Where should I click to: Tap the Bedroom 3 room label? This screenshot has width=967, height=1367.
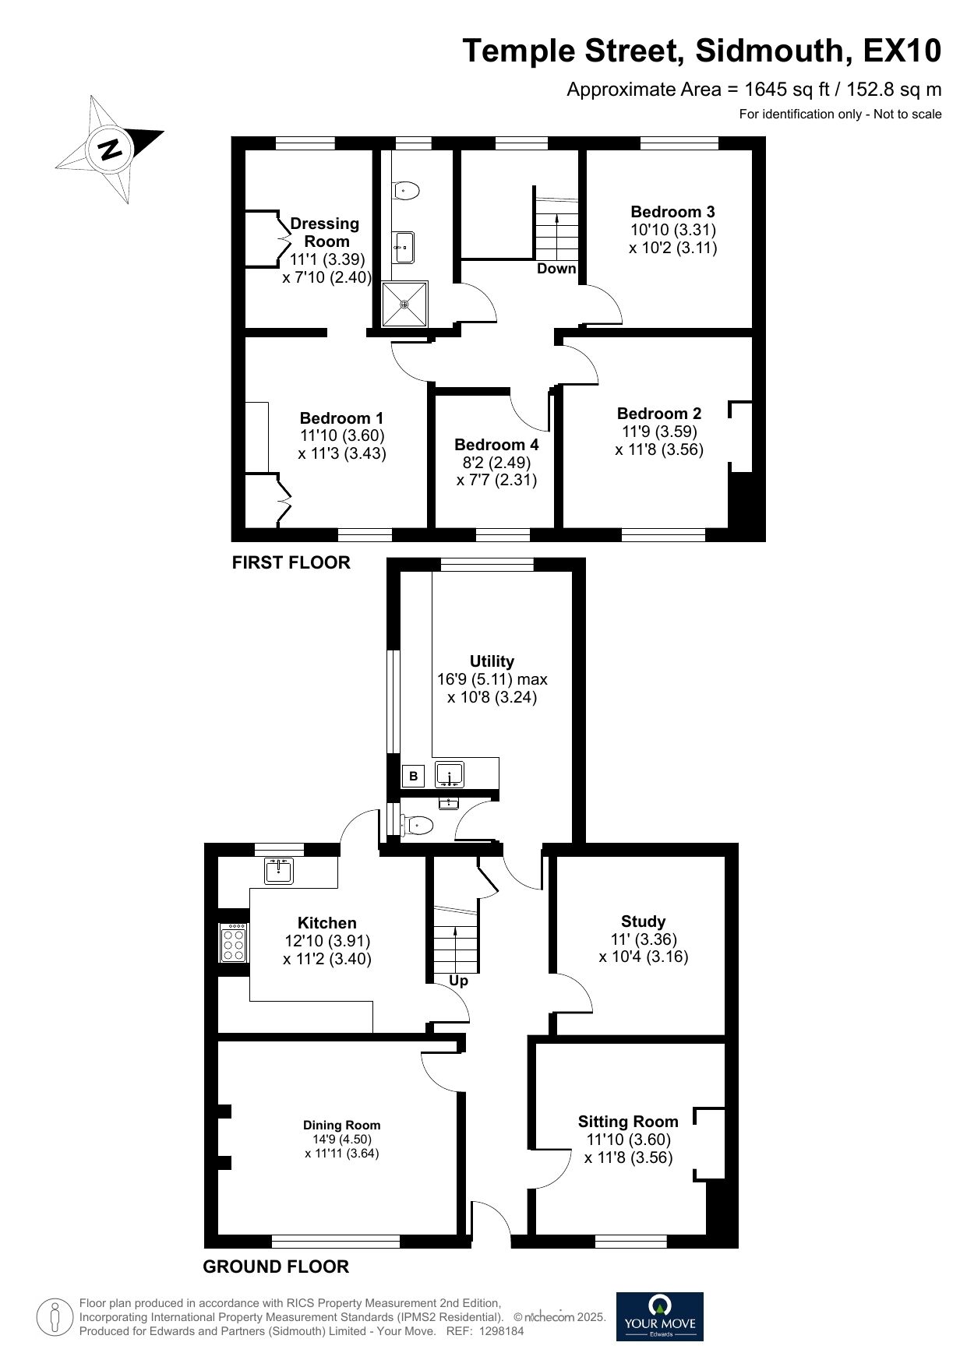pos(672,212)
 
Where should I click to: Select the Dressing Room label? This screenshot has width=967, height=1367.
pos(325,232)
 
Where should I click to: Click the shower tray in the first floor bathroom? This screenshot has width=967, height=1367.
pos(404,304)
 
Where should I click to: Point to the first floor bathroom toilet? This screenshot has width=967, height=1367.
pos(407,190)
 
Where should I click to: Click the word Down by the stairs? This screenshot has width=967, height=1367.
pos(556,269)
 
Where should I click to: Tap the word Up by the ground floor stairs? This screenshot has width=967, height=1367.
pos(459,981)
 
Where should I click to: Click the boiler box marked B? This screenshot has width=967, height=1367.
pos(414,776)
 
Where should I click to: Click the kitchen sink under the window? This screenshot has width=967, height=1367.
pos(278,871)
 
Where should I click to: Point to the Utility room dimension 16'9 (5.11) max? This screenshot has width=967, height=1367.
pos(492,679)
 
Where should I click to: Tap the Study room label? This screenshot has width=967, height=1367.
pos(643,921)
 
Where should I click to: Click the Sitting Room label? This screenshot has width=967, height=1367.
pos(628,1122)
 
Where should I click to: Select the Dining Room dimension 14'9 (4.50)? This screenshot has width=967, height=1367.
pos(342,1140)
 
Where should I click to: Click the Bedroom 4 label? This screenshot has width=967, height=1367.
pos(496,445)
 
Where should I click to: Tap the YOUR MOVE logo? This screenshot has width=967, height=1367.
pos(659,1316)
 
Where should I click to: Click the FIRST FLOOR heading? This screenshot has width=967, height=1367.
pos(291,562)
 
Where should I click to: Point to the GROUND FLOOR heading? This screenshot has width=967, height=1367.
pos(276,1267)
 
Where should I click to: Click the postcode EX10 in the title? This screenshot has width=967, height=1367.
pos(902,51)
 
